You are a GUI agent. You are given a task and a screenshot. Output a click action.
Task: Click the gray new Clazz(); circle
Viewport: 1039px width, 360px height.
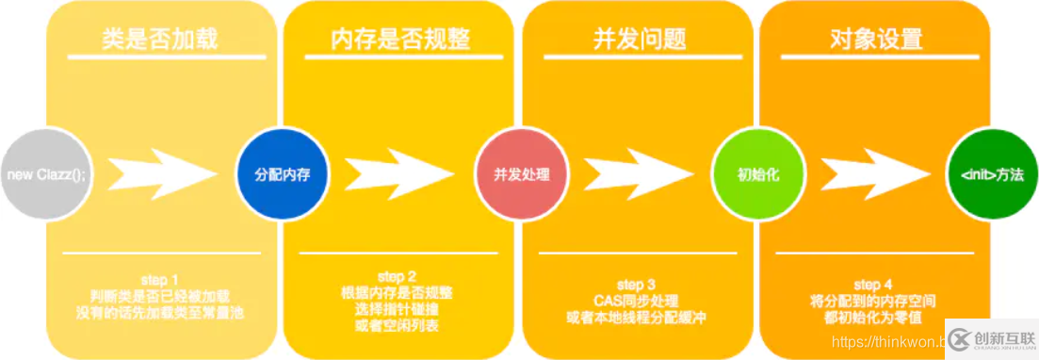43,175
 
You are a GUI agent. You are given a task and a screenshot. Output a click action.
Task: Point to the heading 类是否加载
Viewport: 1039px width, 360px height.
160,40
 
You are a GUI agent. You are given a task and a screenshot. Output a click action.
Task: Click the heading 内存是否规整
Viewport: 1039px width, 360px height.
399,40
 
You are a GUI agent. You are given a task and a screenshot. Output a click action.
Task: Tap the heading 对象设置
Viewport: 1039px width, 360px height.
876,40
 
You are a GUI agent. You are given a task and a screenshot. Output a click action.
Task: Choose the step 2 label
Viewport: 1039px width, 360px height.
397,276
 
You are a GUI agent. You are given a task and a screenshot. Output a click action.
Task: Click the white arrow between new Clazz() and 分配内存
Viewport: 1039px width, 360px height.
160,174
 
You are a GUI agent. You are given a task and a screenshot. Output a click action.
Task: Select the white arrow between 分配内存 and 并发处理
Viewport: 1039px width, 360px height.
397,174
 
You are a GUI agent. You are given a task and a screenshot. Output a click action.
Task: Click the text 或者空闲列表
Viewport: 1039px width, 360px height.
398,326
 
